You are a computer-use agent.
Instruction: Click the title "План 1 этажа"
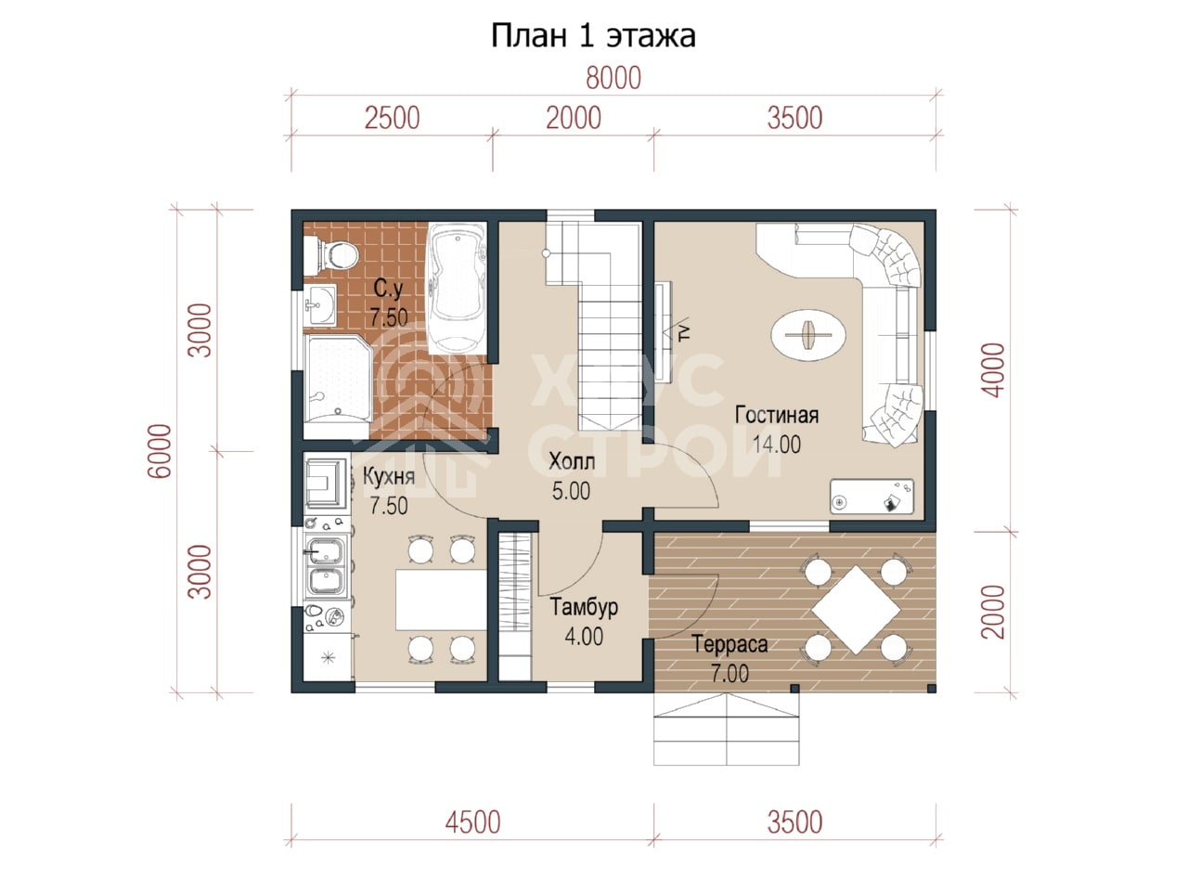pos(593,36)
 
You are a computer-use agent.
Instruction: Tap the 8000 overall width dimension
pos(613,78)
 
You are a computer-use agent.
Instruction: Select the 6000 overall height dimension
pos(160,451)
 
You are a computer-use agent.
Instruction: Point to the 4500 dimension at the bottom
pos(472,823)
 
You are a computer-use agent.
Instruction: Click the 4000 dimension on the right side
pos(993,370)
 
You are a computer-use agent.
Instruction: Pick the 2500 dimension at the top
pos(392,119)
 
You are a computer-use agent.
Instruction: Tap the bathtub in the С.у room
pos(457,289)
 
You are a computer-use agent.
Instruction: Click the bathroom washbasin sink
pos(319,305)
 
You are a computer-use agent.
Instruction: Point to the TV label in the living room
pos(685,331)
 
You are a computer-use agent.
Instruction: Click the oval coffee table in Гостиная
pos(808,335)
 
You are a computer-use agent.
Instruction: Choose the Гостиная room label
pos(777,415)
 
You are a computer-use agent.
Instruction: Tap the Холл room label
pos(572,461)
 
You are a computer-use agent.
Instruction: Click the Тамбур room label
pos(584,607)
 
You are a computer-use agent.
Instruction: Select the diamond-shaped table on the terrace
pos(856,610)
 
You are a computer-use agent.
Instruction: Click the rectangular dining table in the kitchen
pos(441,600)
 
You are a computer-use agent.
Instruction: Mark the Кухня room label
pos(389,477)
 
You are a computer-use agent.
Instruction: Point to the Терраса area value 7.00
pos(730,674)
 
